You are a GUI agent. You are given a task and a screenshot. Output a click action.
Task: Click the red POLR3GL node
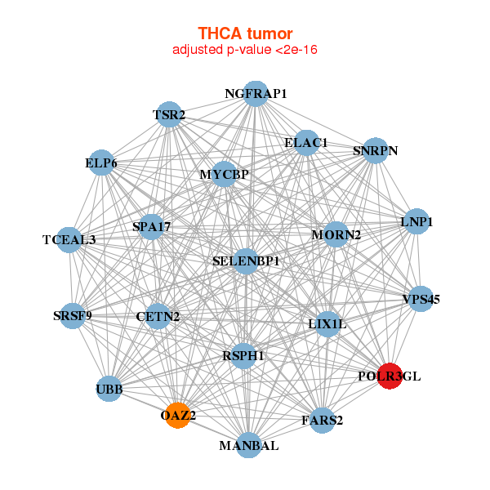[x=390, y=376]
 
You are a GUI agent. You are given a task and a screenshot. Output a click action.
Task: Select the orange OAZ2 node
[x=177, y=416]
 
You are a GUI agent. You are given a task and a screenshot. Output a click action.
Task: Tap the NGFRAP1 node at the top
[x=256, y=94]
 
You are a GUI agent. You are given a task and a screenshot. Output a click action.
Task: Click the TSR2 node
[x=169, y=116]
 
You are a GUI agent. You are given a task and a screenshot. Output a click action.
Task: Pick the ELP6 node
[x=101, y=163]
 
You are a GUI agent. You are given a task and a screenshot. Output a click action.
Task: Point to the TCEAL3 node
[x=69, y=239]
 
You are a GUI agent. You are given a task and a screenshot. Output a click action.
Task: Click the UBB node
[x=109, y=389]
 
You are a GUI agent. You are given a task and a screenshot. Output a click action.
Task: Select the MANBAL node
[x=249, y=445]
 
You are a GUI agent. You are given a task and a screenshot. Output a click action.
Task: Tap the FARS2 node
[x=322, y=421]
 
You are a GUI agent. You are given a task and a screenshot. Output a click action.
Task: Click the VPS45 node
[x=421, y=299]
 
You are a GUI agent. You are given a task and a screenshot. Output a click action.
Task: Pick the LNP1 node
[x=416, y=221]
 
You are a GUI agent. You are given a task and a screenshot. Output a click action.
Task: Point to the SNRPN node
[x=375, y=150]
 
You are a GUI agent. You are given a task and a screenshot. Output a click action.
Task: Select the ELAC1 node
[x=306, y=143]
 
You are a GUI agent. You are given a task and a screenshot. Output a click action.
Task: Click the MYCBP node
[x=224, y=175]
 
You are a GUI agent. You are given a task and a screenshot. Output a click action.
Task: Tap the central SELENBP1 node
[x=247, y=261]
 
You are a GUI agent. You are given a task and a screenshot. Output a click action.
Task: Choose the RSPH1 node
[x=243, y=355]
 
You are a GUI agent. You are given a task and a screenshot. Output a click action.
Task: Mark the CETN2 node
[x=158, y=316]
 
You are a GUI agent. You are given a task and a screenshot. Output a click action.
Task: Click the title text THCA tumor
[x=245, y=33]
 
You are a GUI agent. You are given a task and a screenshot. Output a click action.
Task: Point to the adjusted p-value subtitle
[x=245, y=50]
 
